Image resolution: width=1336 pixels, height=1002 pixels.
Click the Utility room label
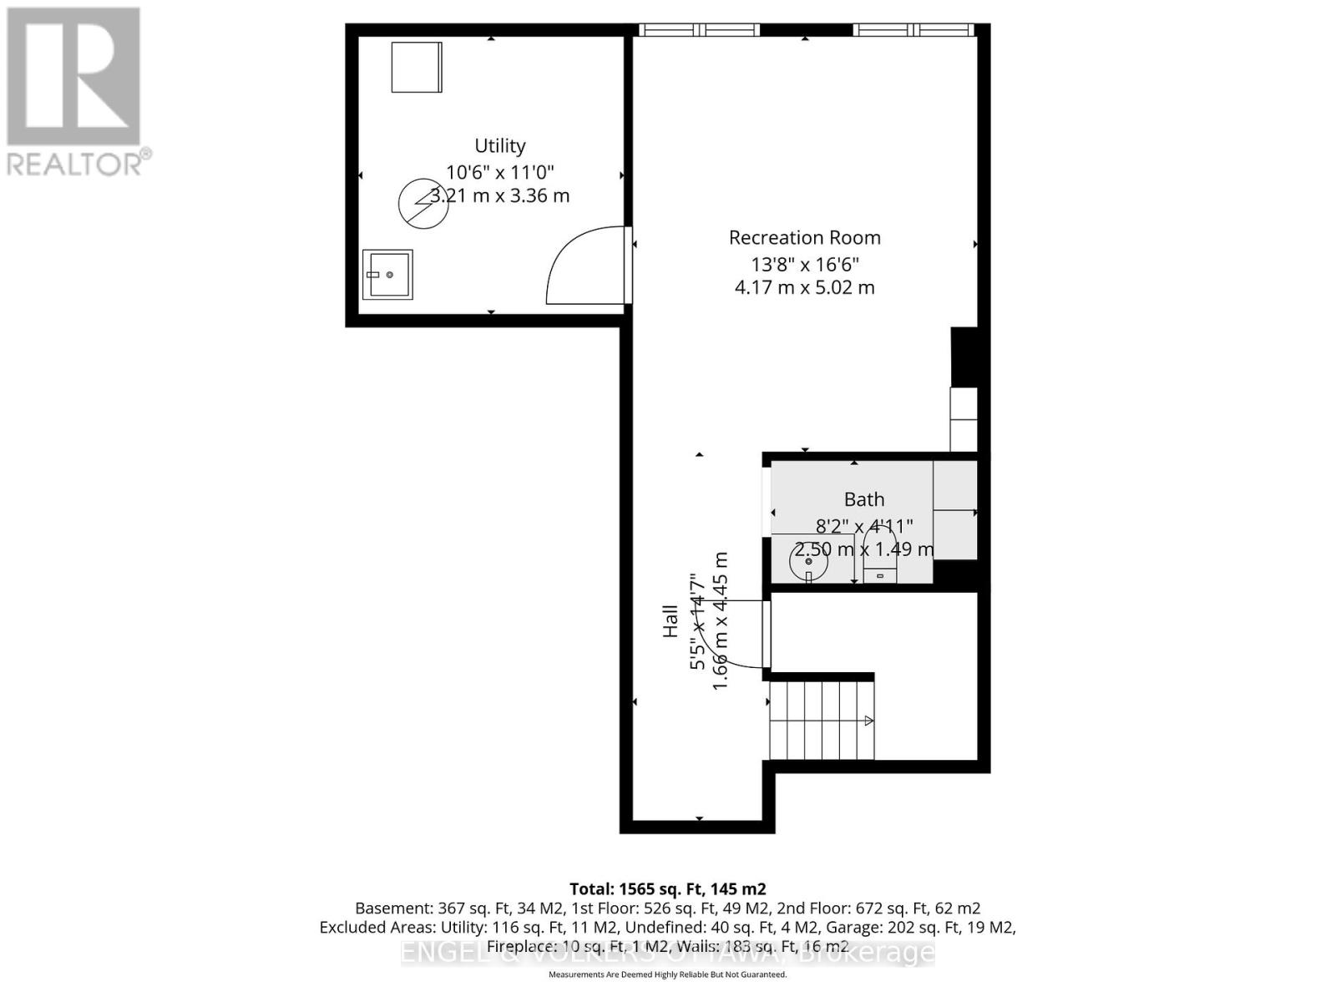[499, 145]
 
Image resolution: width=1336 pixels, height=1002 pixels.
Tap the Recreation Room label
[804, 237]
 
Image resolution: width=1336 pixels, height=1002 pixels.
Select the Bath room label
[863, 499]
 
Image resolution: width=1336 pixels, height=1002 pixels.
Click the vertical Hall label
[671, 621]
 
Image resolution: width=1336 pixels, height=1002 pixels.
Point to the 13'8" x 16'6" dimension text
[804, 265]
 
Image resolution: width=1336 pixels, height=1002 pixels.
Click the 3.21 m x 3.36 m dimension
[499, 196]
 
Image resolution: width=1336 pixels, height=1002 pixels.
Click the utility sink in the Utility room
[387, 275]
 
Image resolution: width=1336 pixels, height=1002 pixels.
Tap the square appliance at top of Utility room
[416, 67]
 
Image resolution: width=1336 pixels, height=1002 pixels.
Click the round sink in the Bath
[808, 562]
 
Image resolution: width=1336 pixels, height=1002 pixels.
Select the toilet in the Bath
[880, 561]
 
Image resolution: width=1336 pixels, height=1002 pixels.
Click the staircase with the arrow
[822, 720]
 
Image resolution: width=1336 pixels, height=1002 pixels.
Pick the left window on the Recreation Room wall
[700, 30]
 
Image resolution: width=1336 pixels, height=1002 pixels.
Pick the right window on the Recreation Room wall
[913, 30]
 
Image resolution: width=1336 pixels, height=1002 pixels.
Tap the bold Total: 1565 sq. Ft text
[667, 889]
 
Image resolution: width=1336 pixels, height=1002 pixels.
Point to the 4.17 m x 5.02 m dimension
[804, 288]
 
